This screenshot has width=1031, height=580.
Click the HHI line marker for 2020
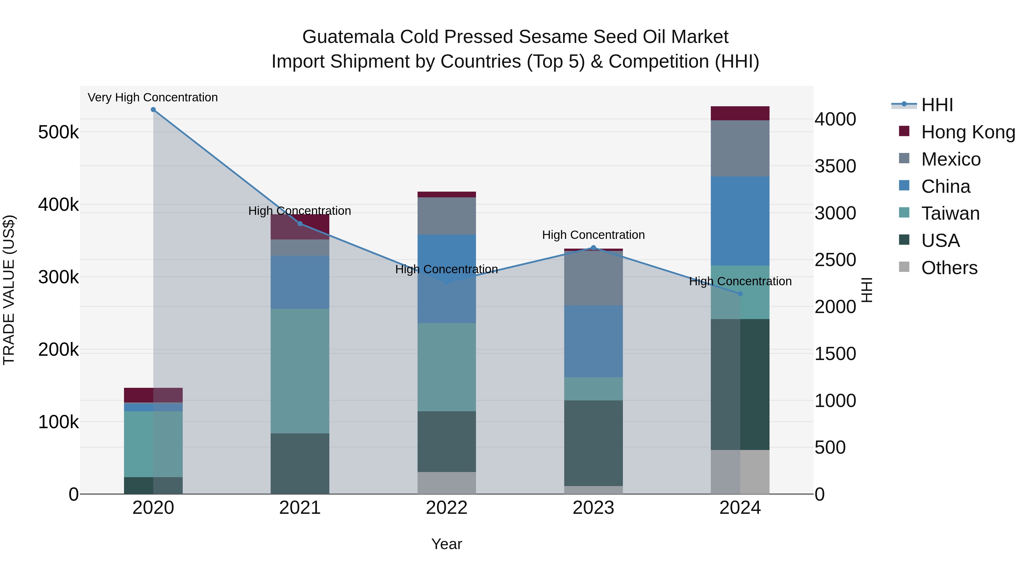point(153,110)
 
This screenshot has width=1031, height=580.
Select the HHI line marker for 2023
point(594,248)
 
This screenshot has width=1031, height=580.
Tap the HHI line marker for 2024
point(740,294)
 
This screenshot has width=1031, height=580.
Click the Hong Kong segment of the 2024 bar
point(740,113)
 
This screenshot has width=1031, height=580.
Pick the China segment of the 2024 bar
point(740,221)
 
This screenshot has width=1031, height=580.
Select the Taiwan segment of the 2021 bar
point(300,371)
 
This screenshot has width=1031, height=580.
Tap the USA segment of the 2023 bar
point(594,443)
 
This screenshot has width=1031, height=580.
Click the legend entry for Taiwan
point(950,214)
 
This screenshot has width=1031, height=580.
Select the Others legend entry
point(949,268)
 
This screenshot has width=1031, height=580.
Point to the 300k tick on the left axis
point(58,277)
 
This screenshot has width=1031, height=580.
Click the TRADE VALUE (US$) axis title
point(9,290)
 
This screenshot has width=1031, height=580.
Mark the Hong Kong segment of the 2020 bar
point(153,395)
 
